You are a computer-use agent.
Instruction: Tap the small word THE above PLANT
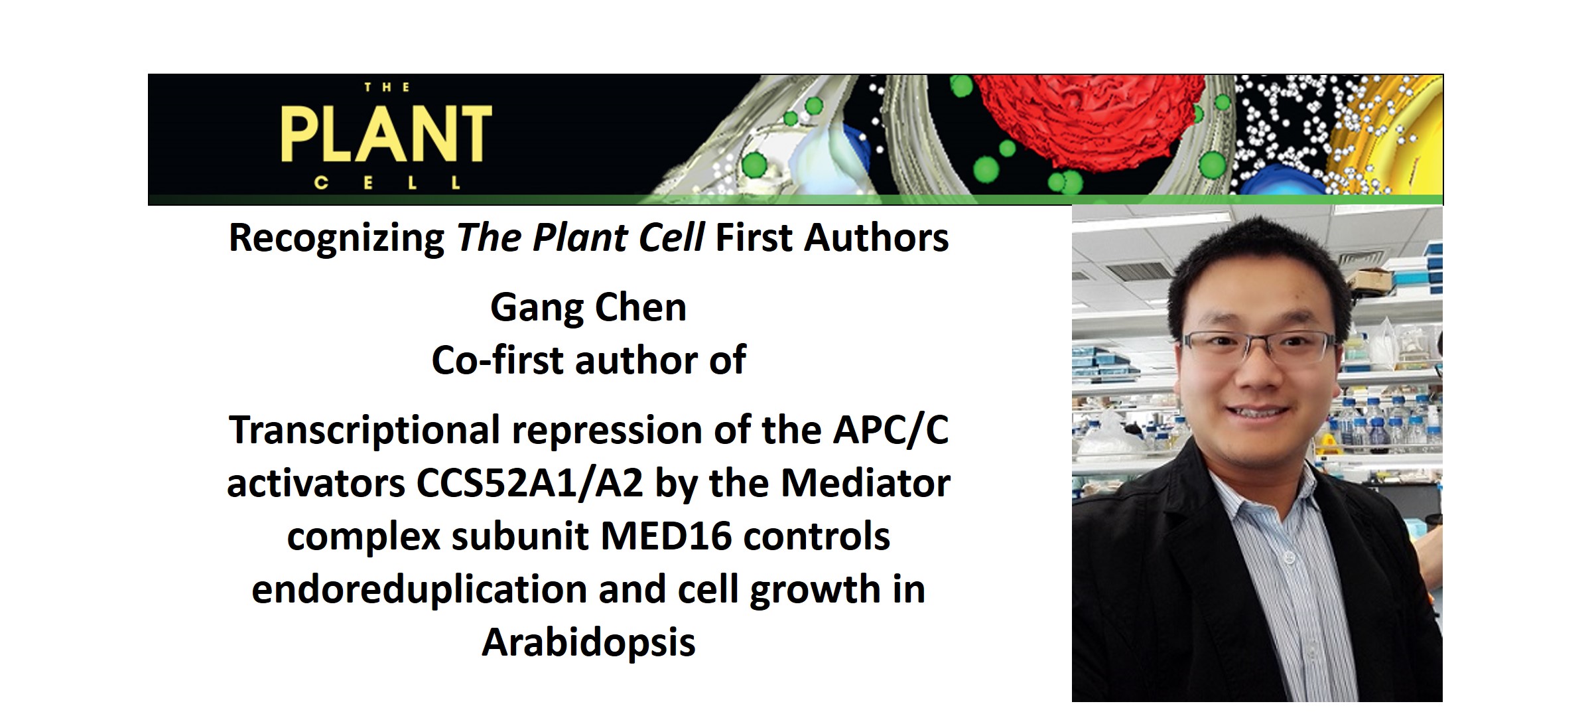pyautogui.click(x=387, y=87)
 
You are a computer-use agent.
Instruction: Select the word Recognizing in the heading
pyautogui.click(x=336, y=238)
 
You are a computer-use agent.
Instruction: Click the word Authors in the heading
pyautogui.click(x=876, y=238)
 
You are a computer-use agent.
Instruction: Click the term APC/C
pyautogui.click(x=891, y=430)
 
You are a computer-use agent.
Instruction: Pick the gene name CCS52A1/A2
pyautogui.click(x=529, y=483)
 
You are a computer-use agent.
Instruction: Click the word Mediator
pyautogui.click(x=866, y=483)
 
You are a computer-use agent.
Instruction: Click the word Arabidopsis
pyautogui.click(x=588, y=642)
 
